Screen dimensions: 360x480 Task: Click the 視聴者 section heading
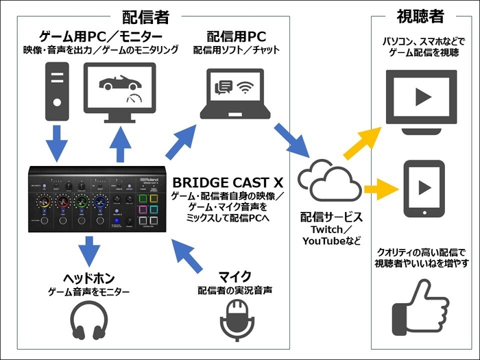pos(419,15)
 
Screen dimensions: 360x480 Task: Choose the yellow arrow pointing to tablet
pos(379,187)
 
